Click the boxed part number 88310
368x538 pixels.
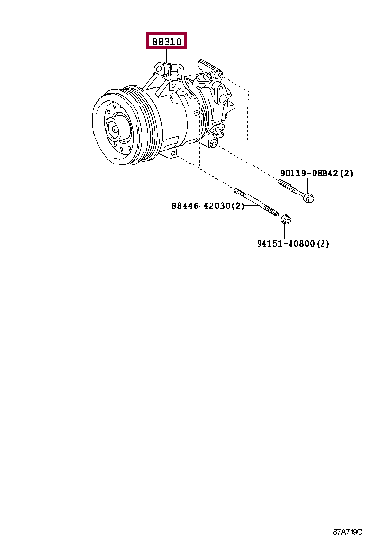click(167, 41)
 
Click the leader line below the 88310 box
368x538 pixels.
click(167, 55)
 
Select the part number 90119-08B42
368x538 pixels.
click(309, 173)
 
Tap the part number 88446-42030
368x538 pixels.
click(200, 206)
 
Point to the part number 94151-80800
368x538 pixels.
click(286, 243)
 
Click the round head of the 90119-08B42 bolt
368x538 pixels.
click(309, 198)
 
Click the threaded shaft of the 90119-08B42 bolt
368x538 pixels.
click(291, 188)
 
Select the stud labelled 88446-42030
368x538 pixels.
click(256, 201)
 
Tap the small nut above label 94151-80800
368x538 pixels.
click(285, 219)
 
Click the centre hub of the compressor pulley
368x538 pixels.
click(113, 129)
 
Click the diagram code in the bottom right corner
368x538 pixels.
click(348, 532)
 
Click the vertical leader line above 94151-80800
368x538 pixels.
click(285, 230)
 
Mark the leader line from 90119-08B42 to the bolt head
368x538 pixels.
click(308, 186)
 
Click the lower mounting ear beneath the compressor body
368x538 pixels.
click(173, 153)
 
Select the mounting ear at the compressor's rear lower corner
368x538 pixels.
click(213, 142)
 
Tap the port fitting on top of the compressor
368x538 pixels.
click(167, 71)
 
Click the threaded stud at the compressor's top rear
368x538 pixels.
click(209, 65)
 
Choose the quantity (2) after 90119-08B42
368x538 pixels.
click(346, 173)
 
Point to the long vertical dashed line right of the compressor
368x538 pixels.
click(248, 115)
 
